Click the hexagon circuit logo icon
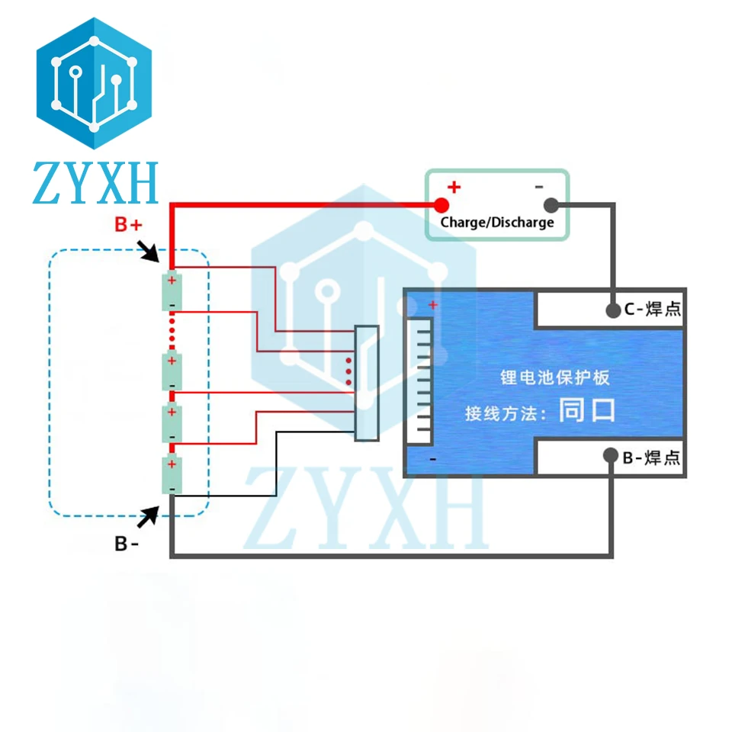coord(94,84)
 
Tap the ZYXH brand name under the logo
coord(95,183)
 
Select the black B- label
coord(127,544)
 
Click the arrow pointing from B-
coord(149,516)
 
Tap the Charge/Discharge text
coord(497,223)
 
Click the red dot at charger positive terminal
coord(441,204)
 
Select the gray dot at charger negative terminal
coord(551,204)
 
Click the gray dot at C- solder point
coord(612,310)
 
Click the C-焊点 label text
coord(652,310)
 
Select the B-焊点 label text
coord(651,457)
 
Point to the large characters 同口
coord(586,411)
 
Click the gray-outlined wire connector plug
coord(367,384)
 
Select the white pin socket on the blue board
coord(421,381)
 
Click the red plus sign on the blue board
coord(433,305)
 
